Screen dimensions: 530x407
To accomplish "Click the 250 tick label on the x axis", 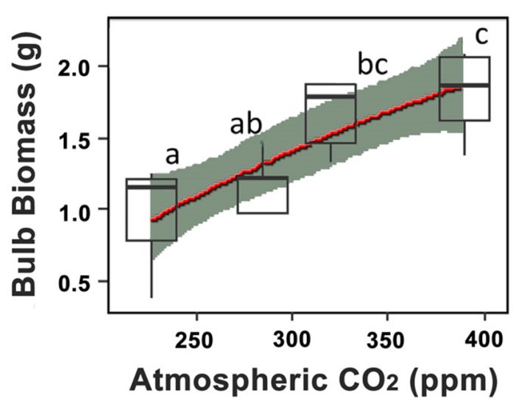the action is click(194, 341).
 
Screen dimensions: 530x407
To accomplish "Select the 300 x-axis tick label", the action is click(291, 340).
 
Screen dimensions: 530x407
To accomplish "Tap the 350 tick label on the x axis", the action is click(386, 341).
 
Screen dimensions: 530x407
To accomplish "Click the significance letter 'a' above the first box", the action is click(172, 156).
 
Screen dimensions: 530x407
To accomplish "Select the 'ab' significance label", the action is click(246, 124).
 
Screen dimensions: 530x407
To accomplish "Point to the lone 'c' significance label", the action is click(481, 37).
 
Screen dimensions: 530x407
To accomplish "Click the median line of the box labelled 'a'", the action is click(152, 187).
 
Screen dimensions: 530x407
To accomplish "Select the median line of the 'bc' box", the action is click(331, 96).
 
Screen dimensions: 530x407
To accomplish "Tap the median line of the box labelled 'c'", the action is click(464, 85).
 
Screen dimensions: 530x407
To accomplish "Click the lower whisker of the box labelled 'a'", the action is click(152, 269).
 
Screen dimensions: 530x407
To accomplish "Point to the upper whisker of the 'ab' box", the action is click(263, 159).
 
